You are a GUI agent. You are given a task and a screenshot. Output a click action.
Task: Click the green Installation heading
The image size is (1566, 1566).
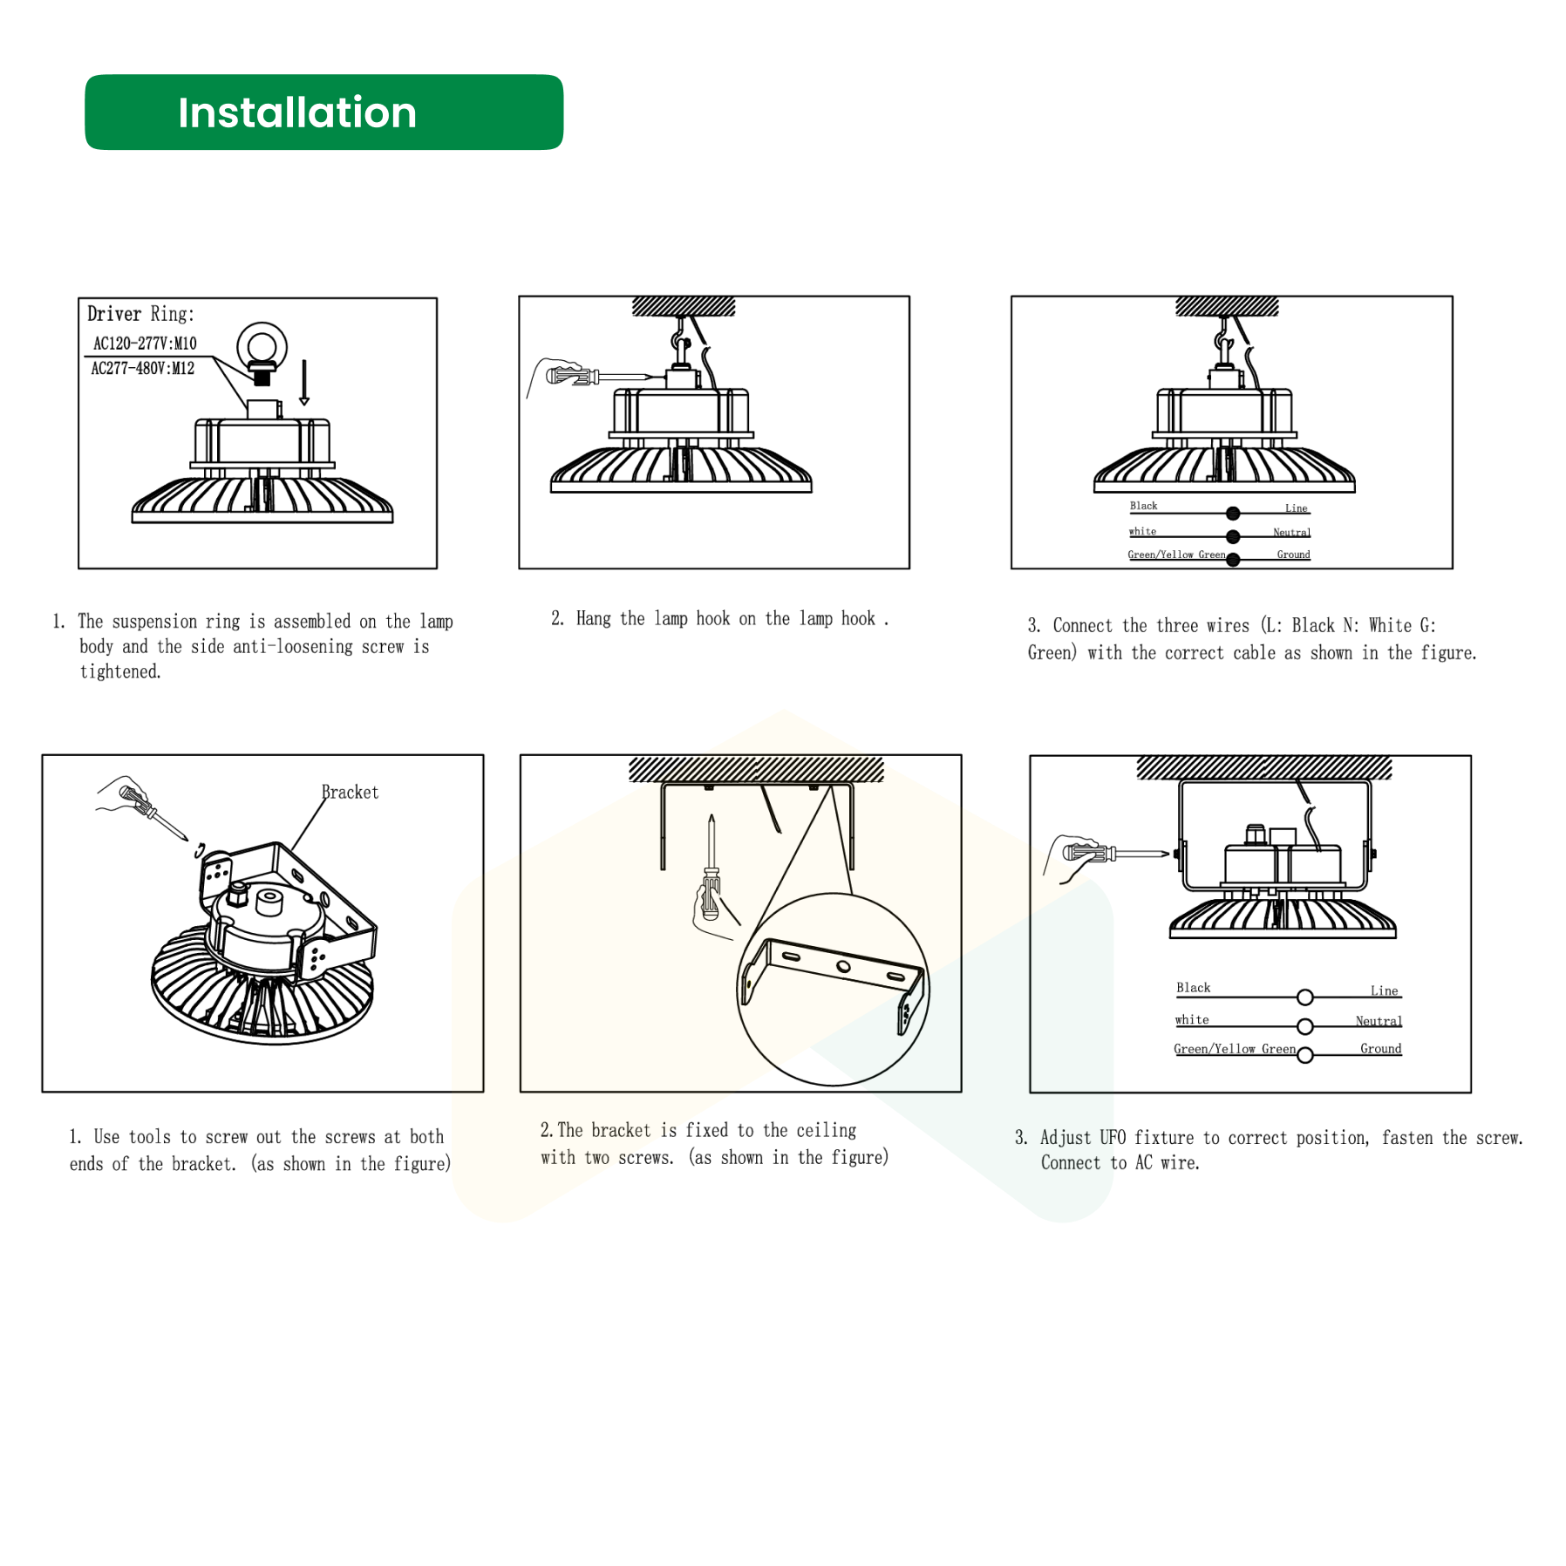297,112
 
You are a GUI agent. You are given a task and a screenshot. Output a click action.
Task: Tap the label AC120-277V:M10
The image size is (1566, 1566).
145,344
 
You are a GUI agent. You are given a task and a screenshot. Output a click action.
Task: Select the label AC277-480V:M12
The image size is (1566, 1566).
143,369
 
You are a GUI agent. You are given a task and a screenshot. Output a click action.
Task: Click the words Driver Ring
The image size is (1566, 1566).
140,314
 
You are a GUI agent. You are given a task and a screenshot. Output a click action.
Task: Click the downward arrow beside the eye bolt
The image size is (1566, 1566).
304,383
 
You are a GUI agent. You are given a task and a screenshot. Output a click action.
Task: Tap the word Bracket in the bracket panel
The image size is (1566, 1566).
350,793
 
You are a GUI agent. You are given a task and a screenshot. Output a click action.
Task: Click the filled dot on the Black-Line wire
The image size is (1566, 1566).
1232,514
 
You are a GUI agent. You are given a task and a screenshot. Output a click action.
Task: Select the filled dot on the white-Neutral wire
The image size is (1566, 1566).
1232,537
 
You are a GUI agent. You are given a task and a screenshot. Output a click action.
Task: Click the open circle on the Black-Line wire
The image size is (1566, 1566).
1304,997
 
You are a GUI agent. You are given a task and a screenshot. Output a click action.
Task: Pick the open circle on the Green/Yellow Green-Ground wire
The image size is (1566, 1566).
1304,1056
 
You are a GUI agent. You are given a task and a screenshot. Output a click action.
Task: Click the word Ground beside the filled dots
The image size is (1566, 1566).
1293,555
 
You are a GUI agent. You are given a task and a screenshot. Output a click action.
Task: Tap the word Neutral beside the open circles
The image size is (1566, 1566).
1379,1021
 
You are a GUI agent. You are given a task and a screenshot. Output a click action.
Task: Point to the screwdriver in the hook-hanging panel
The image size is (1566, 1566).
598,377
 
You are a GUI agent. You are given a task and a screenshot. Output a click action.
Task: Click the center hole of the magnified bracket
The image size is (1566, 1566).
843,966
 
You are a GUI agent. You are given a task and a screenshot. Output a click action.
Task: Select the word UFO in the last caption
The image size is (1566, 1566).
1113,1138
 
